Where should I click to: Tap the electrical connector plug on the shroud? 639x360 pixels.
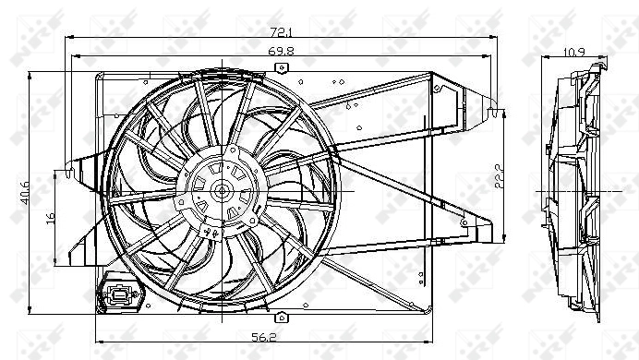(x=119, y=295)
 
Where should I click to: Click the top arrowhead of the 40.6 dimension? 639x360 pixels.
(x=33, y=74)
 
